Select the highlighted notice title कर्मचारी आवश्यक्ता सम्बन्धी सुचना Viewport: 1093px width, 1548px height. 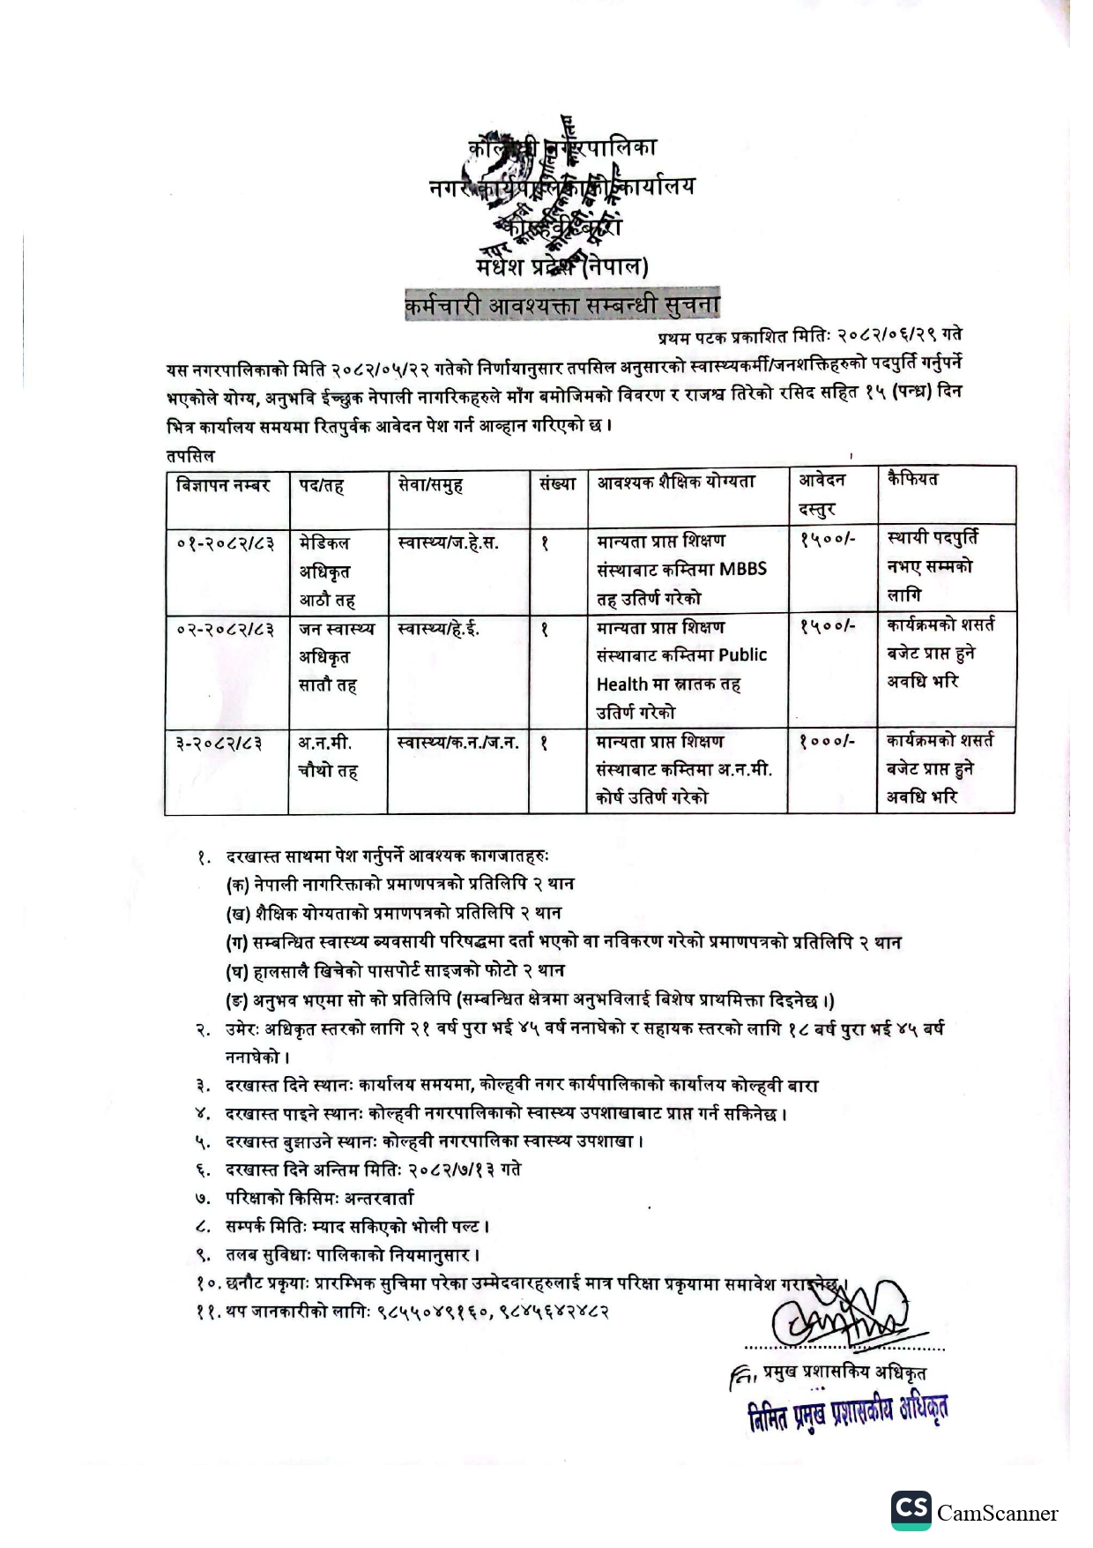[561, 305]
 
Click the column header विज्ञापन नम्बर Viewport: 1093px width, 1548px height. [222, 485]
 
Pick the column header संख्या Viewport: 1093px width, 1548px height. [557, 483]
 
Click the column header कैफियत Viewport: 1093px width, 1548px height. [912, 480]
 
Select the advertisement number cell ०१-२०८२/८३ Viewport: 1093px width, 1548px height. [225, 542]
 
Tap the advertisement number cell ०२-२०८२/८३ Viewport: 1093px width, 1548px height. [225, 629]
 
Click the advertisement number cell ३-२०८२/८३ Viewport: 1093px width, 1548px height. [219, 744]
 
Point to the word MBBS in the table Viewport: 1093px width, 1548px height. [743, 569]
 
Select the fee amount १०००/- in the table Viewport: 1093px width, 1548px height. [826, 741]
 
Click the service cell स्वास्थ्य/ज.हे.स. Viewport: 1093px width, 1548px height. [448, 542]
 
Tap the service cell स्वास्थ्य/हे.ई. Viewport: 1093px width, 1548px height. [438, 629]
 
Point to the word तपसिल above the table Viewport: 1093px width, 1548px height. [190, 456]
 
